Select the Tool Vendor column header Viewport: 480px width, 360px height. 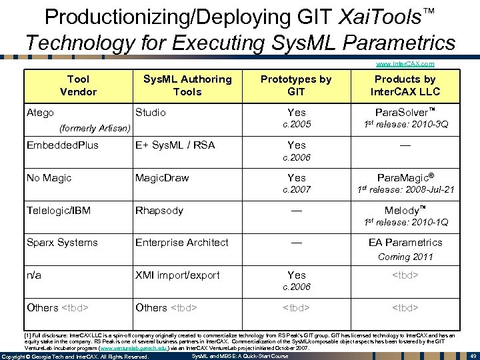coord(78,85)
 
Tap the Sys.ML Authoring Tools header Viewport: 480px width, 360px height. coord(187,85)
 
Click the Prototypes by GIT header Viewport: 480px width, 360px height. coord(296,85)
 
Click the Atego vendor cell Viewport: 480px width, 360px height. coord(40,113)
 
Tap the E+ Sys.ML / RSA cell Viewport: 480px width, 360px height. coord(175,145)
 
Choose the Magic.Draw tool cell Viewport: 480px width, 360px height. coord(162,178)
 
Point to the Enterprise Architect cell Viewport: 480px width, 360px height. coord(181,243)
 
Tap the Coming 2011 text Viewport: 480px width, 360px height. coord(405,257)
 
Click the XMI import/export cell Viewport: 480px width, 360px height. coord(177,275)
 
